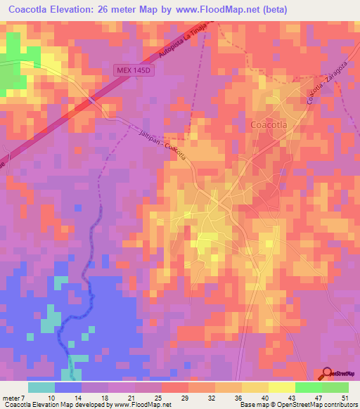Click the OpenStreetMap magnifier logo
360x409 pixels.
pyautogui.click(x=328, y=375)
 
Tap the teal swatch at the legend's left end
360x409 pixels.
pyautogui.click(x=41, y=387)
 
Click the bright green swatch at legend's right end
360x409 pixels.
pyautogui.click(x=335, y=387)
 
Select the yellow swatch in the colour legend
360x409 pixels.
pyautogui.click(x=255, y=387)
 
